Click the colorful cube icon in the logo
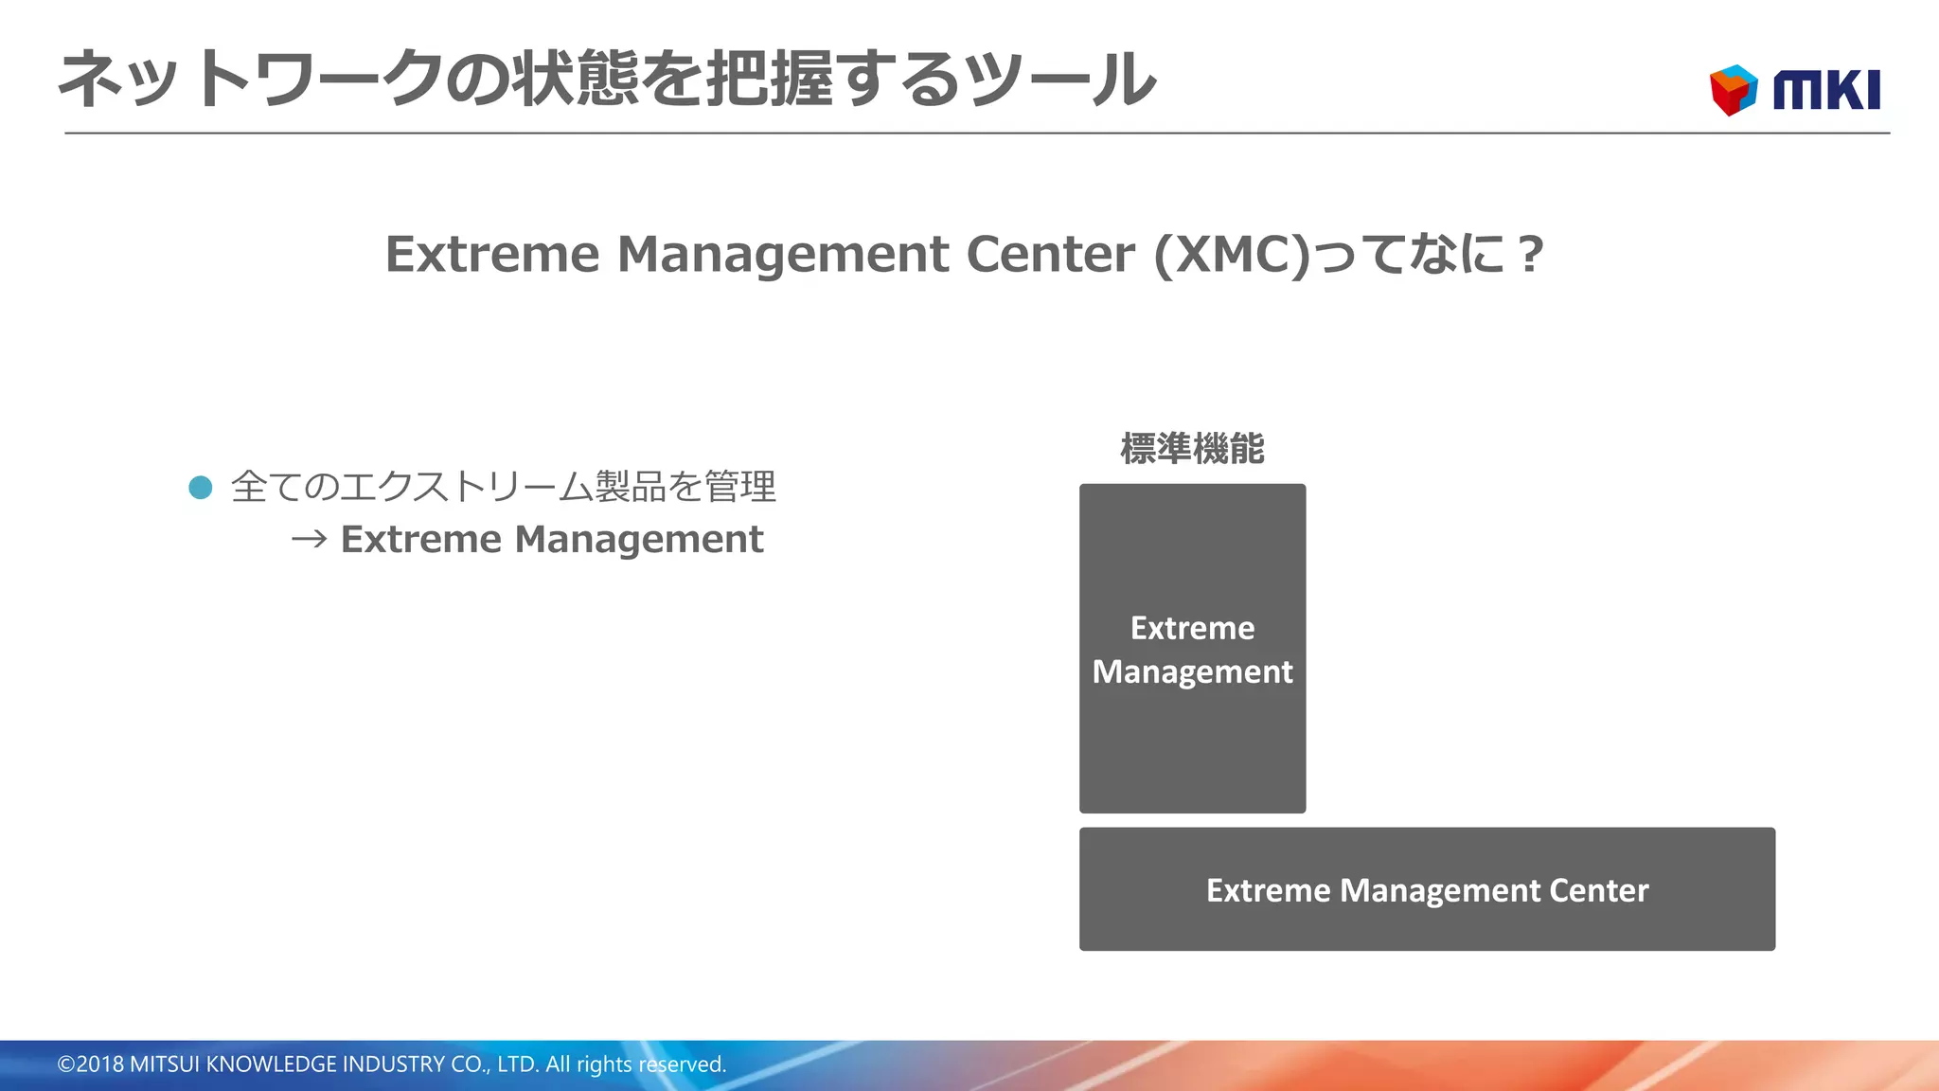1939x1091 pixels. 1733,90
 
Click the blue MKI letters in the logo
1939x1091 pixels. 1826,91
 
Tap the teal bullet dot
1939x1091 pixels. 201,488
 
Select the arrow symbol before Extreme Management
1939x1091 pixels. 309,540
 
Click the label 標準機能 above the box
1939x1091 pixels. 1192,449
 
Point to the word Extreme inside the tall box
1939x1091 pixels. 1192,628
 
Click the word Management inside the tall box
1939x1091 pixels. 1192,672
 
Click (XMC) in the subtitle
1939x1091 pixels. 1232,255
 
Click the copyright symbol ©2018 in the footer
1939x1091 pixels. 91,1064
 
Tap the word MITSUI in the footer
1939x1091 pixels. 165,1064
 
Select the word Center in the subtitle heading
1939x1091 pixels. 1050,255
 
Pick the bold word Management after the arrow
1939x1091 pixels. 639,540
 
